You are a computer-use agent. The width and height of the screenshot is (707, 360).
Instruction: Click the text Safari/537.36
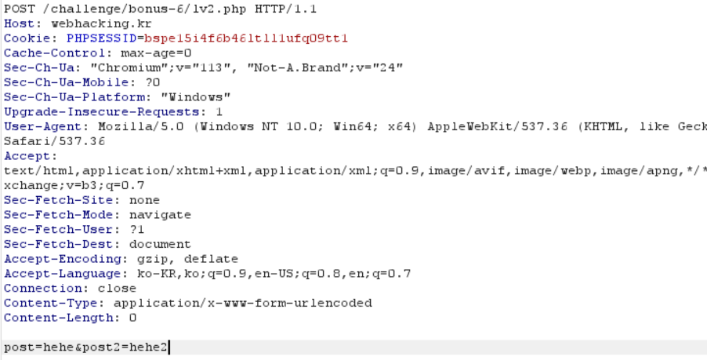[x=54, y=141]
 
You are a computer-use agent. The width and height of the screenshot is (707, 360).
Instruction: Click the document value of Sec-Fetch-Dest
[x=160, y=244]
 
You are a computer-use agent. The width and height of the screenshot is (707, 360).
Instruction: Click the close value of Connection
[x=117, y=288]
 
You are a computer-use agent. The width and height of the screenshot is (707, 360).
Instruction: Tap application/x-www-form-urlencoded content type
[x=242, y=303]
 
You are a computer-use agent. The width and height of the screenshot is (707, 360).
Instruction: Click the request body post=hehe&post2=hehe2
[x=85, y=347]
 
